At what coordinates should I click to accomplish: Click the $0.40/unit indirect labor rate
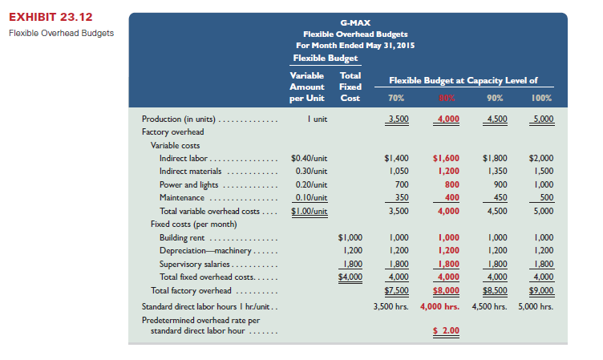tap(308, 159)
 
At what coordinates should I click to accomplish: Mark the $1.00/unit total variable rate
tap(308, 211)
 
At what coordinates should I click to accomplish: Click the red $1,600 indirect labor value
tap(446, 159)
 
